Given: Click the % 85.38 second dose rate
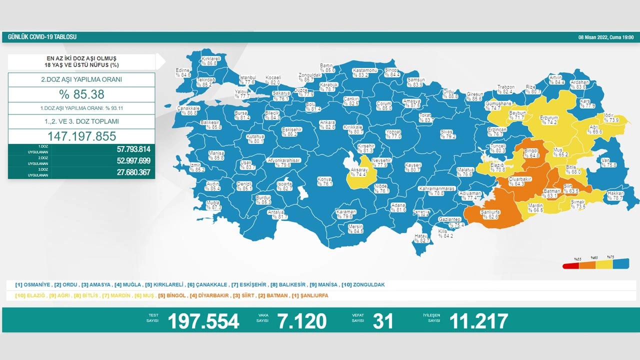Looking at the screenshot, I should pos(81,94).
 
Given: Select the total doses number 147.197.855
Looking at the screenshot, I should pos(81,136).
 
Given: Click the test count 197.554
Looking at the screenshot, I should pos(203,321).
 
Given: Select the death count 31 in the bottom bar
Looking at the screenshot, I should pos(383,321).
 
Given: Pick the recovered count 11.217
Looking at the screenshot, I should pos(478,321).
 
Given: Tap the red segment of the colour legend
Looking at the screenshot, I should pos(571,265).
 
